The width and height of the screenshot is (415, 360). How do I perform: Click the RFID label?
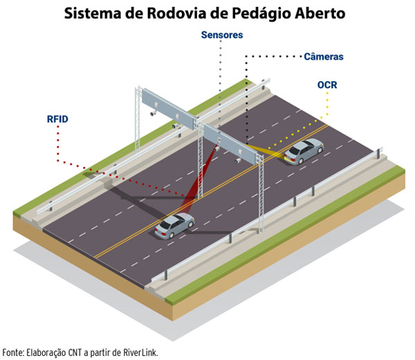coord(57,119)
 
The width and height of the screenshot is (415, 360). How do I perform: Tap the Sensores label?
coord(222,34)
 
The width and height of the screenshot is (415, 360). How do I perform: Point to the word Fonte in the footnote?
coord(13,352)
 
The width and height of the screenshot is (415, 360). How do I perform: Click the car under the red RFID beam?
coord(174,225)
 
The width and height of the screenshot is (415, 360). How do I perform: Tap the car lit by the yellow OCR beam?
coord(303,151)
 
